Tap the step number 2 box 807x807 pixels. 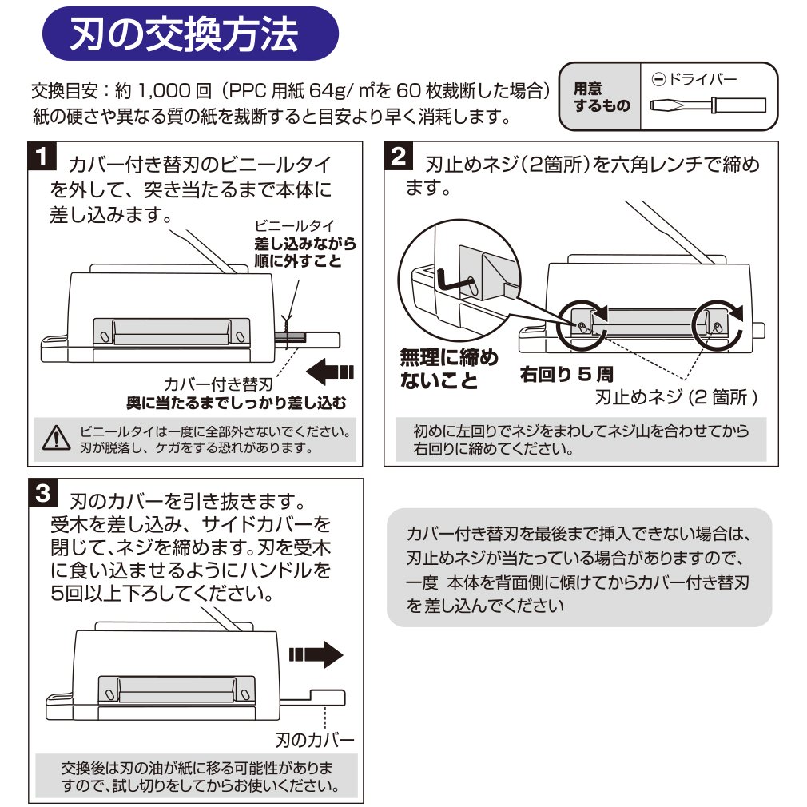click(399, 157)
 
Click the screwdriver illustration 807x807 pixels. click(708, 105)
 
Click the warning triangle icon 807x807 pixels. click(56, 439)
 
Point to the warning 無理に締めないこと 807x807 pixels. click(448, 368)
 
